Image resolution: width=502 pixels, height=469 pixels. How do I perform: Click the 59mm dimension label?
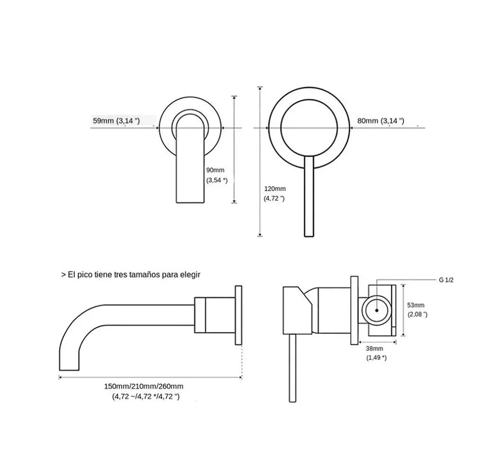tap(103, 121)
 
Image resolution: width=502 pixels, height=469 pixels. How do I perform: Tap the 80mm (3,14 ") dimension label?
tap(381, 121)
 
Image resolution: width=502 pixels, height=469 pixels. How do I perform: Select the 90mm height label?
tap(215, 170)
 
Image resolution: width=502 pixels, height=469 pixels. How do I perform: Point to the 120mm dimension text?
tap(275, 189)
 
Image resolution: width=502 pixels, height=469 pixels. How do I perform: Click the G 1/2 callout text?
tap(446, 280)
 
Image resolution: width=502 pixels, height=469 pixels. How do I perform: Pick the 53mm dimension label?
tap(415, 305)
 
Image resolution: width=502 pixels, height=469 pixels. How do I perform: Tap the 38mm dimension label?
tap(374, 348)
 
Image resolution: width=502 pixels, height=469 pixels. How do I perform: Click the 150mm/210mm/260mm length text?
tap(144, 387)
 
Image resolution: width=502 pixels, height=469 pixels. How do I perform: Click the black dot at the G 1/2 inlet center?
tap(377, 310)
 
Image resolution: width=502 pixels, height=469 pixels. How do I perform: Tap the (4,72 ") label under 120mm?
tap(274, 198)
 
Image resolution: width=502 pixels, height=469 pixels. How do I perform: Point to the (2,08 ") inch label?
tap(417, 314)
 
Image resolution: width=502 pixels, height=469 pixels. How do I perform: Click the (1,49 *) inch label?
tap(376, 358)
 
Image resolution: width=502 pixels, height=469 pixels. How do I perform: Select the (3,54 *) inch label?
tap(217, 180)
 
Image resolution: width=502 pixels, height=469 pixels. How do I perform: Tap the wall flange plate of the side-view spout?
tap(239, 315)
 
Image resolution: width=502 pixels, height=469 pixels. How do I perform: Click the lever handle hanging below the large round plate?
tap(309, 197)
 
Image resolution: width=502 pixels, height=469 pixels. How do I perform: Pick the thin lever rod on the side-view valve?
tap(292, 368)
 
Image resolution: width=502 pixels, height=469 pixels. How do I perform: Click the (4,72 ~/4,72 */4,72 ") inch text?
tap(146, 397)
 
